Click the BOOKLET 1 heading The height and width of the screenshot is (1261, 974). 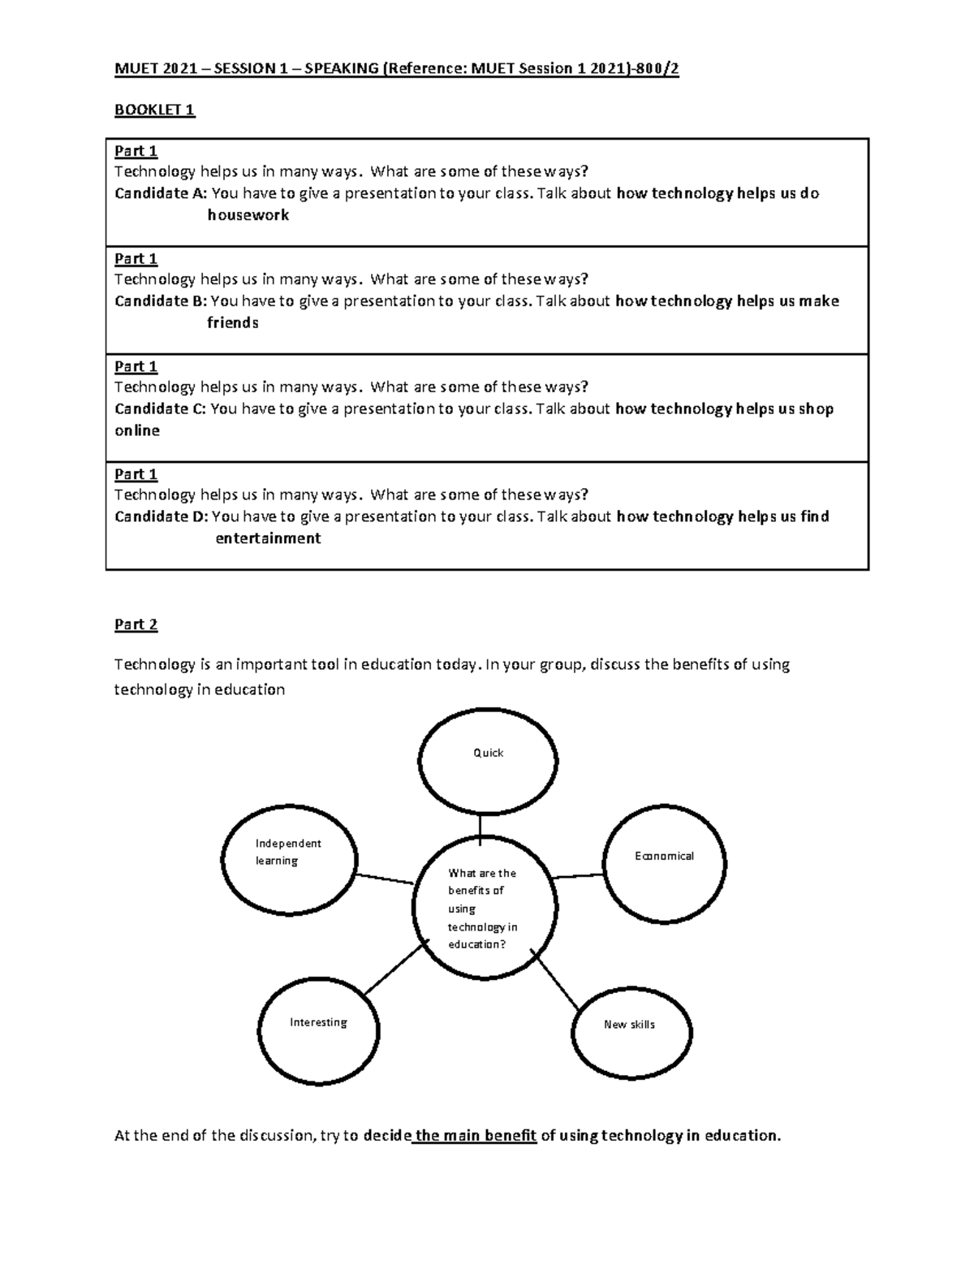tap(154, 110)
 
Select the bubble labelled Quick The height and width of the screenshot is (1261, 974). tap(488, 762)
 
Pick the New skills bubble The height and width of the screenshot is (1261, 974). tap(631, 1032)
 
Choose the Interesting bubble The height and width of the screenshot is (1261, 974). tap(318, 1030)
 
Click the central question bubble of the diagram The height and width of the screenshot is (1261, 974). tap(485, 908)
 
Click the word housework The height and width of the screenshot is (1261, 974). tap(248, 215)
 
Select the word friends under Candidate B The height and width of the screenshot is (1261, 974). tap(232, 322)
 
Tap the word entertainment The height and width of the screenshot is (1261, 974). tap(268, 538)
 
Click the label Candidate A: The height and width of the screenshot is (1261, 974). tap(161, 193)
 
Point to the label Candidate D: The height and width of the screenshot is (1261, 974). tap(162, 516)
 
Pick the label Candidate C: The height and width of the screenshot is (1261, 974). tap(161, 408)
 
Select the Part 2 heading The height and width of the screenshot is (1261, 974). tap(136, 624)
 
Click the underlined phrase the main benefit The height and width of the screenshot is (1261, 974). tap(476, 1135)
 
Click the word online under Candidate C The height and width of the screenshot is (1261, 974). tap(137, 430)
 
